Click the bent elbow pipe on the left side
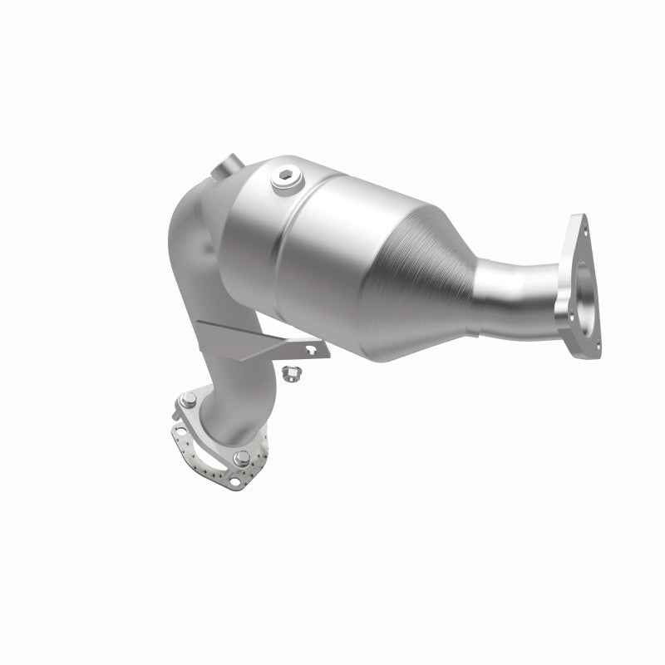(x=195, y=249)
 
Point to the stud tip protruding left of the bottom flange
(x=177, y=408)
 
